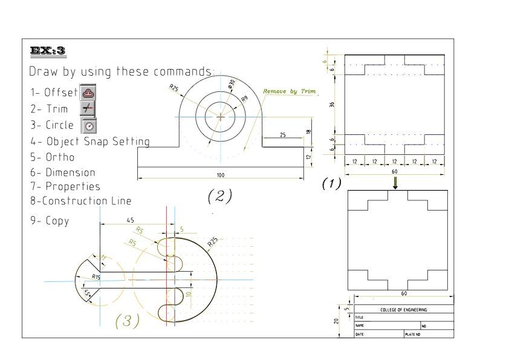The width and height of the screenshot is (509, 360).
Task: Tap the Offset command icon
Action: coord(88,93)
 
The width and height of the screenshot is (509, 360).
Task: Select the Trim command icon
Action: coord(88,109)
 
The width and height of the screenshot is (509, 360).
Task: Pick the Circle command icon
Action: coord(89,125)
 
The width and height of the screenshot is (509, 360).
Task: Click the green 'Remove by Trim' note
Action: coord(290,91)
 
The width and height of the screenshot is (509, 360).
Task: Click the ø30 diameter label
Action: coord(232,84)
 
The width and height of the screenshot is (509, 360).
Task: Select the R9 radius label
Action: coord(244,98)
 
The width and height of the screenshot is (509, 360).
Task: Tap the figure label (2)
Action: coord(220,195)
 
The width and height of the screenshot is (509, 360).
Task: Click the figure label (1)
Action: coord(331,183)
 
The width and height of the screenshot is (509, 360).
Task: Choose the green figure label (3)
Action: coord(128,320)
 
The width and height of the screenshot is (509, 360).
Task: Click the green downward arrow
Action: coord(396,183)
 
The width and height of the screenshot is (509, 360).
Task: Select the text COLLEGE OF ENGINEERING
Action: coord(403,310)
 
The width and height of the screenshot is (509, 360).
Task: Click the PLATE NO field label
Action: coord(413,333)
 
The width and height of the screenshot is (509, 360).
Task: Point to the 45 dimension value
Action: coord(131,221)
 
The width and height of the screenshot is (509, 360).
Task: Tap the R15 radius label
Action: coord(96,276)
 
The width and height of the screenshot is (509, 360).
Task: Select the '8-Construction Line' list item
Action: coord(80,200)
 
